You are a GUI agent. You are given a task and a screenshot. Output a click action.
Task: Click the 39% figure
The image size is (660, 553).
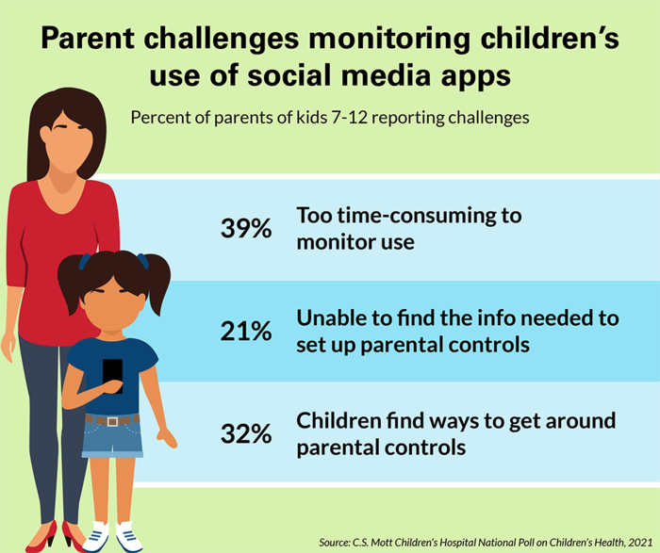click(x=246, y=228)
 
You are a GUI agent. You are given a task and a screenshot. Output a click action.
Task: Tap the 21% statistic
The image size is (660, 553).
click(x=246, y=331)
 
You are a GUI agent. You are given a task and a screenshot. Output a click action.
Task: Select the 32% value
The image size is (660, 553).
click(x=246, y=433)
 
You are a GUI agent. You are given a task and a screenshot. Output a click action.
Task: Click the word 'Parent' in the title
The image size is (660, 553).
click(x=88, y=38)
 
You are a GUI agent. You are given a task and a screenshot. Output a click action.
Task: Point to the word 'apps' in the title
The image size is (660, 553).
click(x=475, y=75)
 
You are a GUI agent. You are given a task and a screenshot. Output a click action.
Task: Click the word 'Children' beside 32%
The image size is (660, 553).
click(x=338, y=420)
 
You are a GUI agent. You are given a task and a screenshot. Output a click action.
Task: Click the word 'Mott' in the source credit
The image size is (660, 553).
click(x=384, y=543)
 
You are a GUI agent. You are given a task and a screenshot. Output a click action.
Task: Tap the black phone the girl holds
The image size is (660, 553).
click(x=113, y=376)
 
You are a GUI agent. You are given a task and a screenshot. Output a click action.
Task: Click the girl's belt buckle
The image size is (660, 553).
click(x=112, y=421)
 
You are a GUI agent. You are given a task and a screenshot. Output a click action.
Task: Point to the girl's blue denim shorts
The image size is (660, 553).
click(x=112, y=437)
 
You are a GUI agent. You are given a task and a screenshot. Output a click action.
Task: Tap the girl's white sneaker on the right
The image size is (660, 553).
click(x=129, y=537)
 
